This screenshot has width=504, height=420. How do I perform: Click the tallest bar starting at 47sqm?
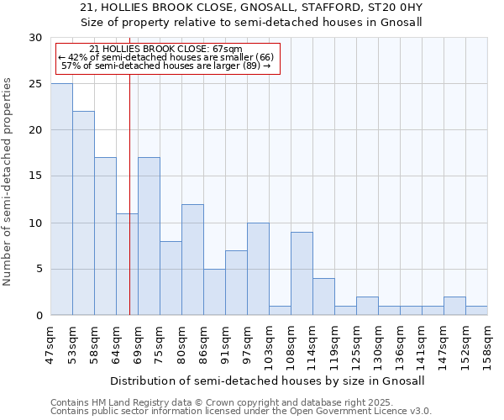pos(61,199)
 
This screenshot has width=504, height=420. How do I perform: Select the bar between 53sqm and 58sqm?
pos(83,213)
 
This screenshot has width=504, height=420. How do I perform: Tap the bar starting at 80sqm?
pos(192,260)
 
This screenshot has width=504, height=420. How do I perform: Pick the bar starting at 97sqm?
pos(258,269)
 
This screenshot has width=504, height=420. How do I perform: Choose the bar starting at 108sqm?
pos(302,274)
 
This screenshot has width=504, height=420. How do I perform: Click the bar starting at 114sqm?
pos(323,297)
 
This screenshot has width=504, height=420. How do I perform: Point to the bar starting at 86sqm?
pos(214,292)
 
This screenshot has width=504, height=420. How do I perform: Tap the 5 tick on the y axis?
pos(39,270)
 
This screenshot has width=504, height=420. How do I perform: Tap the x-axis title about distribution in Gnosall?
pos(267,381)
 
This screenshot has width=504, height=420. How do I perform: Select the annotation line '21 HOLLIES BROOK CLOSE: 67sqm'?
pos(165,49)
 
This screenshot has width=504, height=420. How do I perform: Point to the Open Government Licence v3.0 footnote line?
pos(241,412)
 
